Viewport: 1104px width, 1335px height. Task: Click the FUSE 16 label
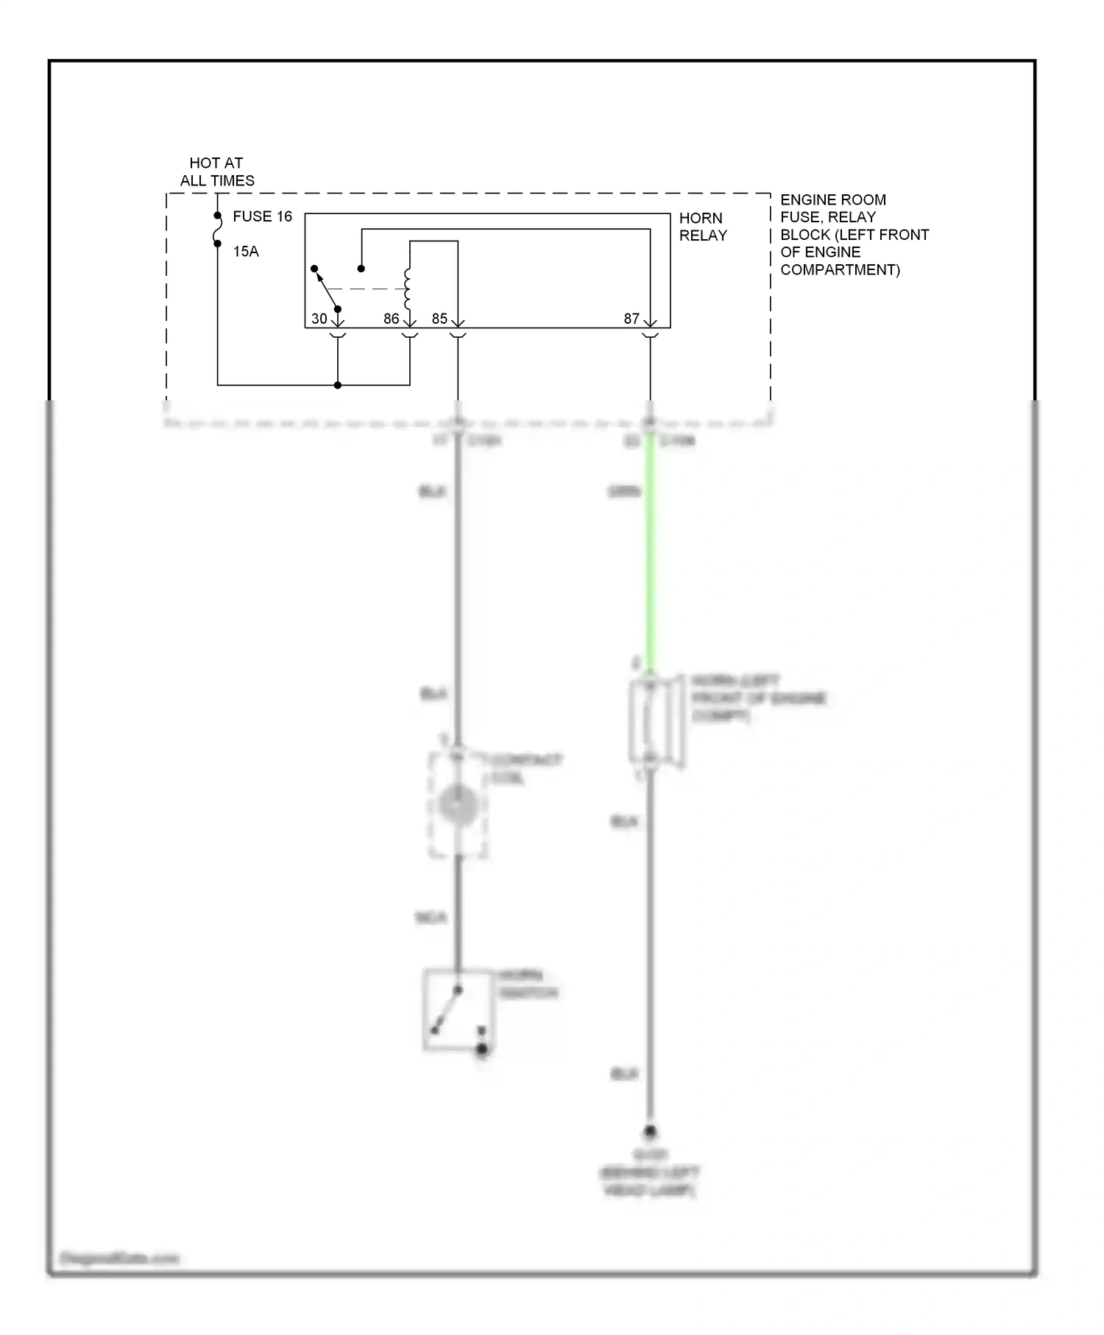tap(262, 216)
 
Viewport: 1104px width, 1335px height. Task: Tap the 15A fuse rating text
tap(246, 252)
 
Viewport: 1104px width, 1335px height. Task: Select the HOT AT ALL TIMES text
tap(217, 171)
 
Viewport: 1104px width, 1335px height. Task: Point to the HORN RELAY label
tap(702, 227)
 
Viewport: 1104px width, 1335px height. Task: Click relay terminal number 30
tap(319, 319)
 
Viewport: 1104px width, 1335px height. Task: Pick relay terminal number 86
tap(391, 319)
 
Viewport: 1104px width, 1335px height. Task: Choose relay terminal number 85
tap(439, 319)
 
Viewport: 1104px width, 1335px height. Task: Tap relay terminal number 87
tap(631, 319)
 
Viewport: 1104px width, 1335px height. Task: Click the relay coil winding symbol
tap(407, 288)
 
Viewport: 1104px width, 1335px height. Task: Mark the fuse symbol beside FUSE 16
tap(218, 230)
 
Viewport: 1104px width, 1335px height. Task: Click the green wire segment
tap(650, 552)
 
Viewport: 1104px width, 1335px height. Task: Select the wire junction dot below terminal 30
tap(338, 385)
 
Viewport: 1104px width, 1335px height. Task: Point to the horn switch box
tap(457, 1008)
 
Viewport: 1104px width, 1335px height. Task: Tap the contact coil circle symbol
tap(458, 804)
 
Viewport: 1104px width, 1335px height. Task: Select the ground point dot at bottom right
tap(650, 1131)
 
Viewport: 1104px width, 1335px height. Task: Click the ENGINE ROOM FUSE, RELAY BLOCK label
tap(854, 235)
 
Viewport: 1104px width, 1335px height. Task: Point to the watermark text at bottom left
tap(119, 1258)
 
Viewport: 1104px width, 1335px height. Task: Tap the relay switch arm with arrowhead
tap(326, 288)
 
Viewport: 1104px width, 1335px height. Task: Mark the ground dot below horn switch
tap(482, 1049)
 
